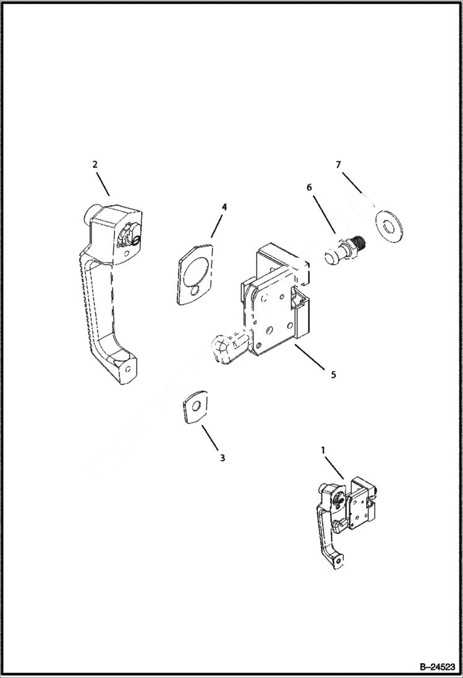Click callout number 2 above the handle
click(95, 164)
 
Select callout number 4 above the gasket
click(224, 207)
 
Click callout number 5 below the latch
click(333, 375)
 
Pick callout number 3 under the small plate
click(222, 458)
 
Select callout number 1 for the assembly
click(323, 451)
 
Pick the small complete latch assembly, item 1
click(344, 515)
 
